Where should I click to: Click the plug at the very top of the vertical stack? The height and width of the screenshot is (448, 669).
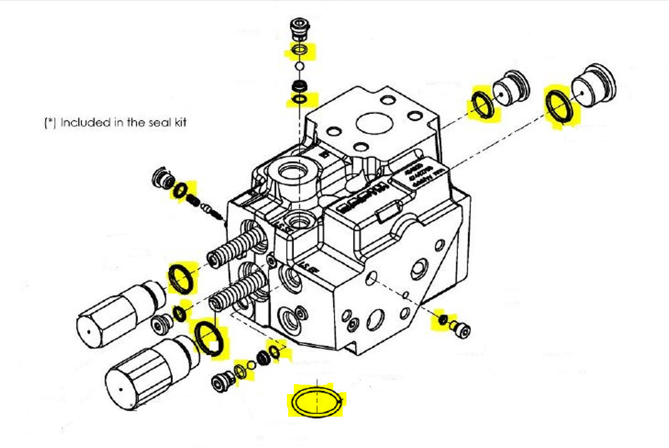point(299,29)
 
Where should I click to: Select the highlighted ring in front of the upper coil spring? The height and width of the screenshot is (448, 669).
point(182,278)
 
